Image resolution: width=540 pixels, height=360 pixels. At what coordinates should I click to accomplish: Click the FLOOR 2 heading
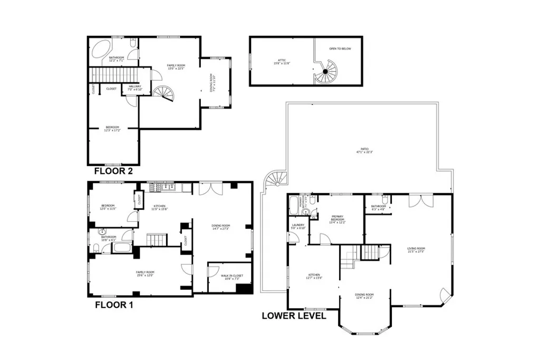tap(113, 171)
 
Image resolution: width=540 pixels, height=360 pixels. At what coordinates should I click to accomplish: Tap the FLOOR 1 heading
tap(113, 305)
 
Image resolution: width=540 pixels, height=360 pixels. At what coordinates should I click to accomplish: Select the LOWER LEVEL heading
tap(293, 316)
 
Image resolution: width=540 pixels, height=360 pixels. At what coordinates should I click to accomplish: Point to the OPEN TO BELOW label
tap(340, 48)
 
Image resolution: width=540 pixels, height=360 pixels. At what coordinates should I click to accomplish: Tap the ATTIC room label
tap(282, 62)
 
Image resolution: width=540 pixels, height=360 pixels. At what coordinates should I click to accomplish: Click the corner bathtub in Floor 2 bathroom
tap(99, 50)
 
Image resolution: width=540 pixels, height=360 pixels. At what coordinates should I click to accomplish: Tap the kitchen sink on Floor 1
tap(168, 187)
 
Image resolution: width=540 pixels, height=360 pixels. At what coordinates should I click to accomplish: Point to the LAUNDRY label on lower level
tap(298, 227)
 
